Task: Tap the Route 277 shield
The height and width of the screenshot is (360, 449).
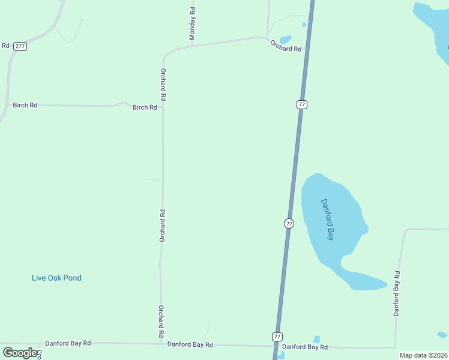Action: point(20,46)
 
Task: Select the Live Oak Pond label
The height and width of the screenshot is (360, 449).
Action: point(56,278)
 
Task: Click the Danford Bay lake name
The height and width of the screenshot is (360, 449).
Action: point(327,220)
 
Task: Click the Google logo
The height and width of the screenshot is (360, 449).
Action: point(20,353)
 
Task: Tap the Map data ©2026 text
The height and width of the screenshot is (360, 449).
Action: point(423,355)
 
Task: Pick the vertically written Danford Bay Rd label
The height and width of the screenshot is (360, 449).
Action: point(397,293)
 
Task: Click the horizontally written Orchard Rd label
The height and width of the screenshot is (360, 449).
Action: point(286,46)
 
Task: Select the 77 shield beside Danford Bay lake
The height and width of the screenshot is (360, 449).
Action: point(289,223)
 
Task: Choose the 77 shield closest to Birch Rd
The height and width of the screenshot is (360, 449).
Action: point(302,104)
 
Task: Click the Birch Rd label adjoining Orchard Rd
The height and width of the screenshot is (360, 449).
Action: point(145,107)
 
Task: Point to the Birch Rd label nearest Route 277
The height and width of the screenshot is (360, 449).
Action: point(25,105)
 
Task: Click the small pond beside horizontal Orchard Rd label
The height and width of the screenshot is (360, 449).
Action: point(286,39)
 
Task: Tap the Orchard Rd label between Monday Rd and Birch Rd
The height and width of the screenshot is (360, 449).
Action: point(163,84)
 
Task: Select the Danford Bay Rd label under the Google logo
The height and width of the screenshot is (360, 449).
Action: point(68,343)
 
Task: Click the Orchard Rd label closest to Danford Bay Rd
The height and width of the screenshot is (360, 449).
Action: point(161,321)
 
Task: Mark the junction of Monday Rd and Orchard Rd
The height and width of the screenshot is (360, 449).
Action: point(192,45)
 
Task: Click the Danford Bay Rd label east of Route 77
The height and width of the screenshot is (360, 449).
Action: point(305,347)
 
